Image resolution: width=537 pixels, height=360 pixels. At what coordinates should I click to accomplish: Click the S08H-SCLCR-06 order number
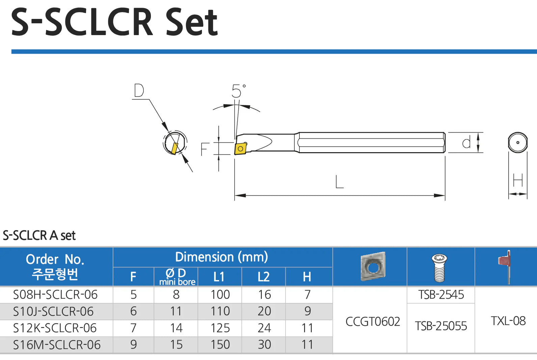pos(55,295)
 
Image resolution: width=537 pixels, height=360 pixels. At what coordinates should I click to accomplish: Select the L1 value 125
pos(220,328)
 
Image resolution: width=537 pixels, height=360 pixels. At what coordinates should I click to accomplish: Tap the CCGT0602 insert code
pos(373,322)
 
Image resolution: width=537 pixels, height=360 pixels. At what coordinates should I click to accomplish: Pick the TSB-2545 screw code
pos(441,295)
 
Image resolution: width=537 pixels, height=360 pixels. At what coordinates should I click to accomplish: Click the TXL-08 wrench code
pos(508,321)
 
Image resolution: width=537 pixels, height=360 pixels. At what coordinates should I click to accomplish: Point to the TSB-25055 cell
pos(441,326)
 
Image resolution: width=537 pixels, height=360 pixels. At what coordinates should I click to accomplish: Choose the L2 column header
pos(264,277)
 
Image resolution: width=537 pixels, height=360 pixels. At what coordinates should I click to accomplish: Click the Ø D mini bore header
pos(177,277)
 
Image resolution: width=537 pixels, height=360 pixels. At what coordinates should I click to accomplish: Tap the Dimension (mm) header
pos(221,257)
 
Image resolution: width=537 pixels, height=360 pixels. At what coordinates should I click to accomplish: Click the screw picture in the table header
pos(439,268)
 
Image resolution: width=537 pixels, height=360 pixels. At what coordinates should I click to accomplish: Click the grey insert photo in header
pos(373,267)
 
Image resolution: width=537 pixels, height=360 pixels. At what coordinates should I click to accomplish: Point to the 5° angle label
pos(238,91)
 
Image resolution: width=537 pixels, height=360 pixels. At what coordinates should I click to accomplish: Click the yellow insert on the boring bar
pos(240,148)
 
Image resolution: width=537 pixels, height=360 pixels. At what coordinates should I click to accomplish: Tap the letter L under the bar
pos(339,182)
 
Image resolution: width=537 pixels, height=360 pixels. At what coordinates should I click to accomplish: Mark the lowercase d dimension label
pos(466,143)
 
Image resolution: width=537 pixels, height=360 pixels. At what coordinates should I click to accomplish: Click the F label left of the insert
pos(205,149)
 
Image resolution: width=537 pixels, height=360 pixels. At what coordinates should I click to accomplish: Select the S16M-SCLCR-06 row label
pos(57,345)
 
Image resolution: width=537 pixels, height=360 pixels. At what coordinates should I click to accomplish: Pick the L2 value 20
pos(264,311)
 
